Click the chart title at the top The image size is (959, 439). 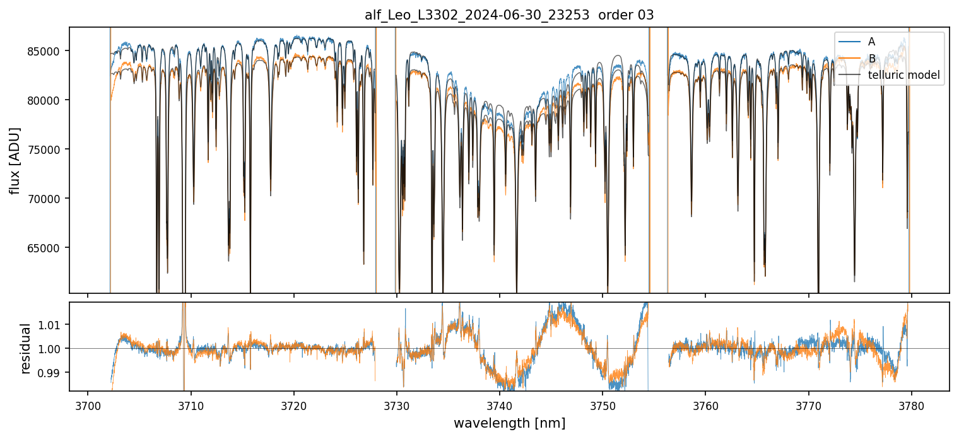pos(509,15)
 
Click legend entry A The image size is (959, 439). pos(871,42)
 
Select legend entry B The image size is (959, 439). pos(871,59)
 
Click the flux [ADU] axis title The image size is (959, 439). pos(15,160)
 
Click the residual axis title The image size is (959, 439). pos(26,348)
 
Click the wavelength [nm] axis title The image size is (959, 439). pos(509,423)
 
